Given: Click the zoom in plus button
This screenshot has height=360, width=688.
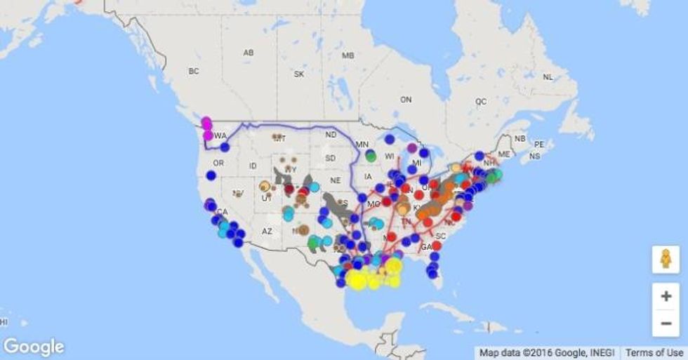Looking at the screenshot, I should click(666, 296).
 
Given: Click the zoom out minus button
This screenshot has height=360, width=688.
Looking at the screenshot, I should click(666, 323).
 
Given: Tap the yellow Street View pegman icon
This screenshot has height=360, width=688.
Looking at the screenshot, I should click(666, 260).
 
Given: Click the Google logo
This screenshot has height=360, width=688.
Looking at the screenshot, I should click(34, 347).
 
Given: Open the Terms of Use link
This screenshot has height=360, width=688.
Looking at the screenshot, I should click(654, 353).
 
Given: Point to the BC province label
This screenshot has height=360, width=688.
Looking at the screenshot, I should click(194, 71).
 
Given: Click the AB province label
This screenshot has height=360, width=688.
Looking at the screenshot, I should click(249, 53).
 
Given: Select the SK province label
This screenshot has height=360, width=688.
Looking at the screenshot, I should click(299, 74).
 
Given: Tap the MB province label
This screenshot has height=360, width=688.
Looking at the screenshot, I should click(347, 55).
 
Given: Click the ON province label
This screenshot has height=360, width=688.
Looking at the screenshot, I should click(406, 100).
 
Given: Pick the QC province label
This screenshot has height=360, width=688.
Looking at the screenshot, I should click(481, 101).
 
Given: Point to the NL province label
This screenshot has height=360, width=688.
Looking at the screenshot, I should click(548, 76).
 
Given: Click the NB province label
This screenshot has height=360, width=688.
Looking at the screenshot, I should click(520, 139).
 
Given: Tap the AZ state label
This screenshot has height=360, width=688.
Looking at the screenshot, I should click(267, 231).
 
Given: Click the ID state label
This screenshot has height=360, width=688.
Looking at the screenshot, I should click(253, 166).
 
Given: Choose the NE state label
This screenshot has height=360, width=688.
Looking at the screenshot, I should click(336, 180).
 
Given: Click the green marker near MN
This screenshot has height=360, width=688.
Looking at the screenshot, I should click(371, 156).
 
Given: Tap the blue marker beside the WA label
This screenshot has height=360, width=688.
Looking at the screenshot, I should click(225, 147).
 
